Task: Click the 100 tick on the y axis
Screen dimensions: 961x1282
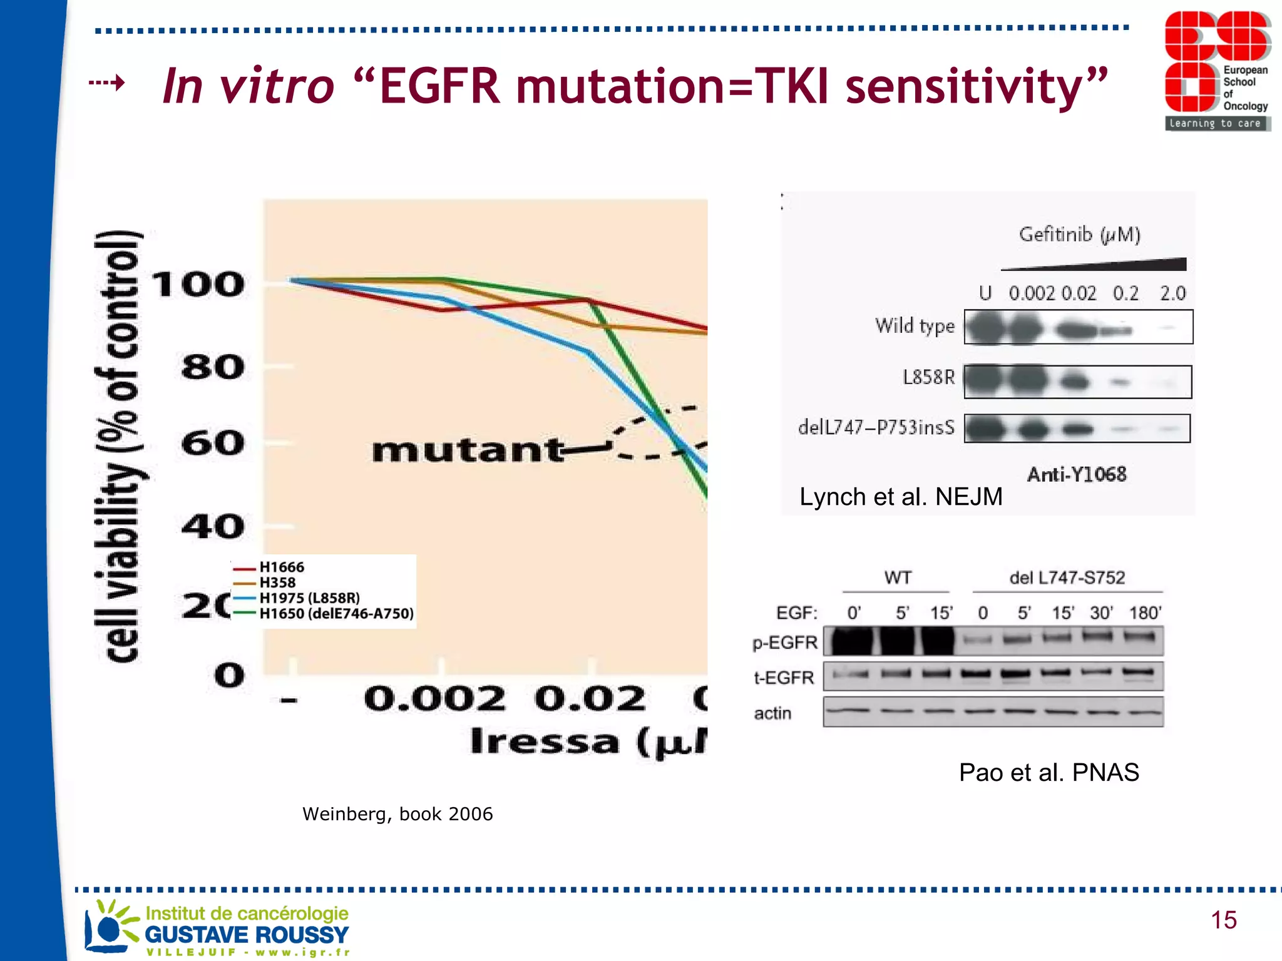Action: click(x=198, y=285)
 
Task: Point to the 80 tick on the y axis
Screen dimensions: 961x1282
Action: click(x=213, y=367)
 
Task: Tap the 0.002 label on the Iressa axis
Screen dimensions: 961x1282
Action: click(x=434, y=698)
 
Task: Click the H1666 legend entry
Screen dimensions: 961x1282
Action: click(x=281, y=567)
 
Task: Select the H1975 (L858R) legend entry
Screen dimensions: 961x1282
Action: click(x=309, y=598)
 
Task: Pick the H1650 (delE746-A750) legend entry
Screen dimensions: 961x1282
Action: click(x=336, y=614)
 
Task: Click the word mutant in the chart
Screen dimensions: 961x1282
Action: click(x=466, y=450)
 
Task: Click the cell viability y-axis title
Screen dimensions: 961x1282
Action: click(x=120, y=446)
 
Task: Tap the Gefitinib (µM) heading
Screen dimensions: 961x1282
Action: click(x=1079, y=235)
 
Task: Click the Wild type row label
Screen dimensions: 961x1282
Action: click(x=915, y=326)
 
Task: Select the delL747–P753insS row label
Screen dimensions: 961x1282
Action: click(x=876, y=428)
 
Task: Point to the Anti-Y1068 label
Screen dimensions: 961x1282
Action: click(x=1076, y=475)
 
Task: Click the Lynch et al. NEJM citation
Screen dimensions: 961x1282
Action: click(x=900, y=497)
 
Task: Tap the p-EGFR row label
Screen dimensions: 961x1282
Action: click(x=785, y=643)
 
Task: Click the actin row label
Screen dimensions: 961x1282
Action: click(x=772, y=713)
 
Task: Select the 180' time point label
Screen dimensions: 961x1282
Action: click(x=1145, y=613)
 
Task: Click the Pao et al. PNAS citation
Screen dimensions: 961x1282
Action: click(x=1049, y=773)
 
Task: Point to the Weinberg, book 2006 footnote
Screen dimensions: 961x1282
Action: click(x=397, y=814)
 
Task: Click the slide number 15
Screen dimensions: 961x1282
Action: click(x=1223, y=920)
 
